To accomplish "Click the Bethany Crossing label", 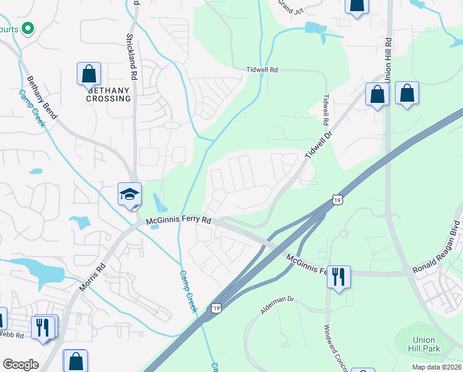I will (x=108, y=95).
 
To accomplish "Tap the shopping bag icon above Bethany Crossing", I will (x=89, y=74).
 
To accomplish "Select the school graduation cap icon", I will (x=130, y=194).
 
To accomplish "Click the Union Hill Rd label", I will (x=388, y=61).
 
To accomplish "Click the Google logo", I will (x=20, y=365).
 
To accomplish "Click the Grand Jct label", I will (x=290, y=7).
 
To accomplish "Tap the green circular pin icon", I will (x=27, y=28).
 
